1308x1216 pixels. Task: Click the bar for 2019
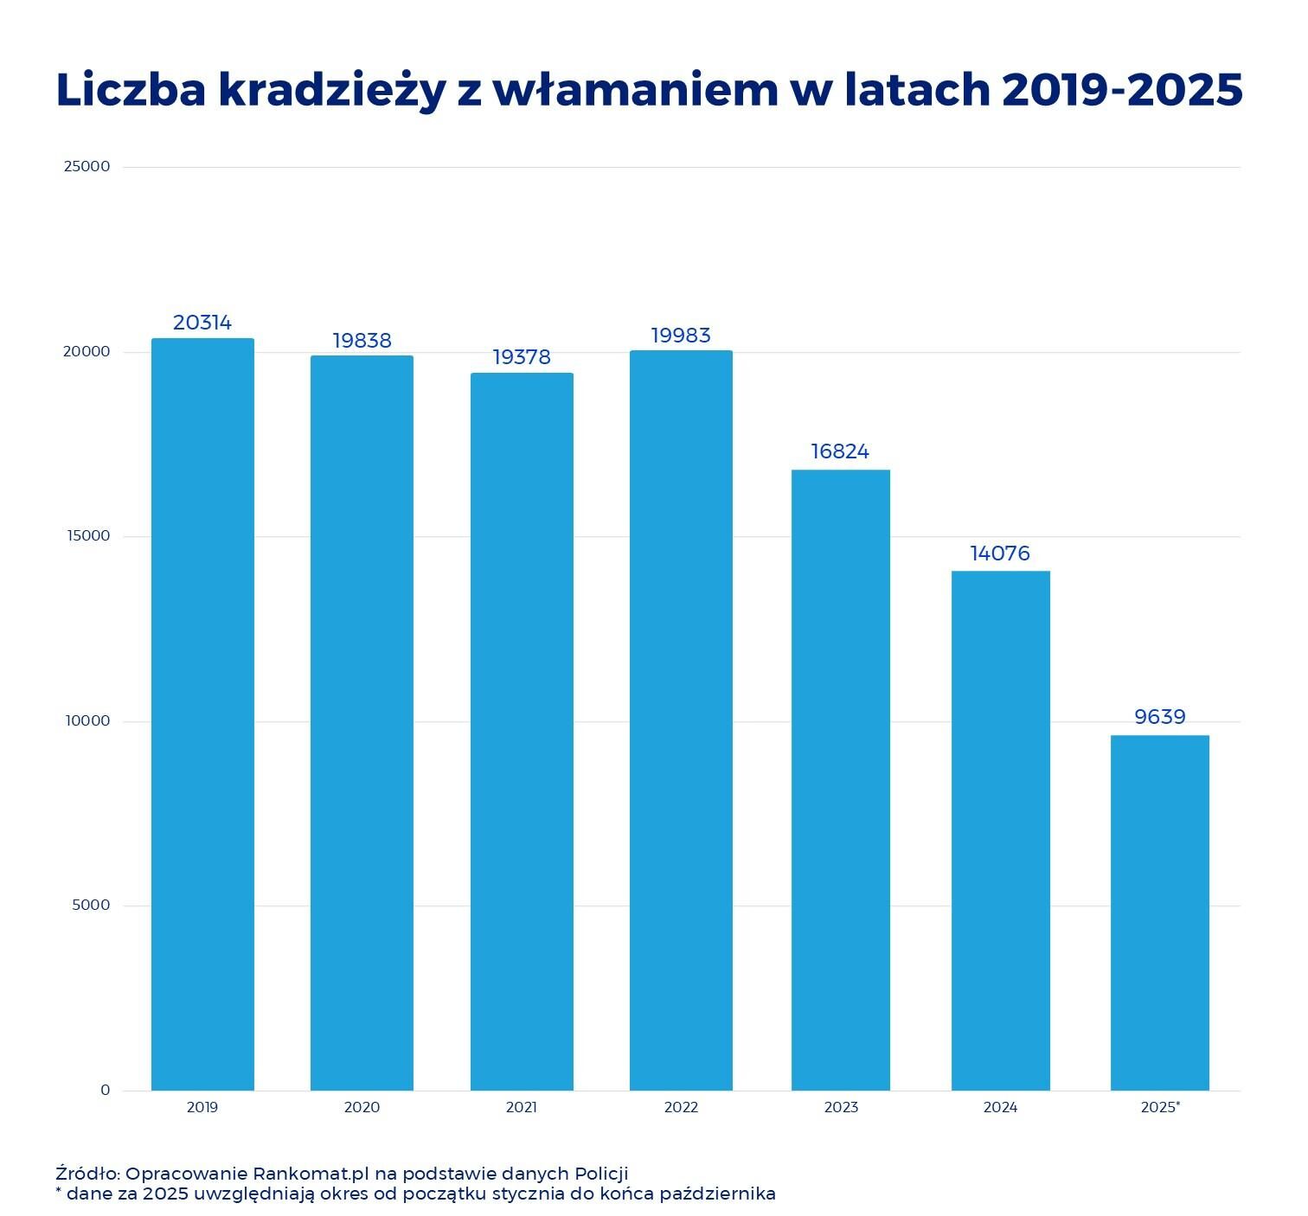pyautogui.click(x=202, y=714)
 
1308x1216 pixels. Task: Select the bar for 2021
pyautogui.click(x=522, y=731)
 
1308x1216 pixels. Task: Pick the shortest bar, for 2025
pyautogui.click(x=1160, y=912)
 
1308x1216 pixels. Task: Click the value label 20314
pyautogui.click(x=202, y=323)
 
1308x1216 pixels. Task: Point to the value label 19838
pyautogui.click(x=362, y=341)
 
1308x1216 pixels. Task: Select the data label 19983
pyautogui.click(x=681, y=336)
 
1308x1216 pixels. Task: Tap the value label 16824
pyautogui.click(x=840, y=451)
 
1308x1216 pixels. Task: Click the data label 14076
pyautogui.click(x=1000, y=554)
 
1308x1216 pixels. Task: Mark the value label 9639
pyautogui.click(x=1160, y=717)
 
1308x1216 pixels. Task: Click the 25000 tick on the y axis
pyautogui.click(x=87, y=166)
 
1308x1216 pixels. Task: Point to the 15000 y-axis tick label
pyautogui.click(x=87, y=536)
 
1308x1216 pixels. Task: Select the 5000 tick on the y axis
pyautogui.click(x=92, y=906)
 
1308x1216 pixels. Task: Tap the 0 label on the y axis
pyautogui.click(x=106, y=1091)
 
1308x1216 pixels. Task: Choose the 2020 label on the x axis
pyautogui.click(x=362, y=1108)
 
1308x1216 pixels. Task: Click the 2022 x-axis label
pyautogui.click(x=681, y=1108)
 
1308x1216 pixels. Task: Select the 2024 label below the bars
pyautogui.click(x=1000, y=1108)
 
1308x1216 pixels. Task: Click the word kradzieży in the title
pyautogui.click(x=332, y=91)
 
